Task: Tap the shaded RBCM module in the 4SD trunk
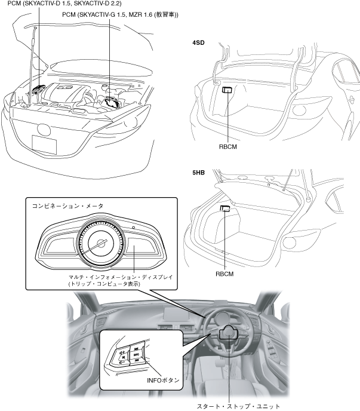coord(227,90)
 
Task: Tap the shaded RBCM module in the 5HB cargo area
coord(225,208)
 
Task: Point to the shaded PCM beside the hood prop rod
coord(40,89)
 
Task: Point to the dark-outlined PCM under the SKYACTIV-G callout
coord(112,102)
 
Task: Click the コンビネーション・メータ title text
coord(67,205)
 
